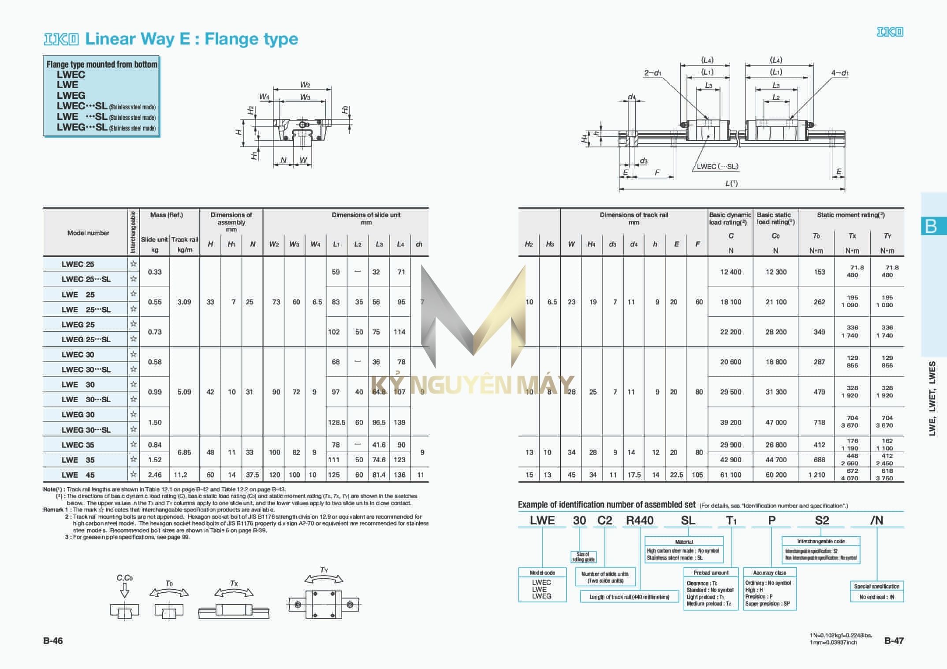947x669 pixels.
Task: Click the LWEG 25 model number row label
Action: tap(78, 325)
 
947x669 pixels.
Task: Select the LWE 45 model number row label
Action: tap(78, 475)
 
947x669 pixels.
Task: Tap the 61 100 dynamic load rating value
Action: tap(731, 475)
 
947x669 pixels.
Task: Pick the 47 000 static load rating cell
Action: tap(776, 422)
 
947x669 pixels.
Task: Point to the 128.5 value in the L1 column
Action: tap(336, 422)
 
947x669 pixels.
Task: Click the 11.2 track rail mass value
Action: tap(180, 475)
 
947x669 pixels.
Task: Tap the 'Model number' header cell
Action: tap(88, 233)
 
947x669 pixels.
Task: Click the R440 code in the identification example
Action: tap(640, 520)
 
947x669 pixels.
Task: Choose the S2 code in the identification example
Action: tap(822, 520)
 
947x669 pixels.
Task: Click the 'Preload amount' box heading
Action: tap(711, 572)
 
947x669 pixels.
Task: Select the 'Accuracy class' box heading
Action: tap(769, 572)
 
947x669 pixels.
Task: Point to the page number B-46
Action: tap(53, 641)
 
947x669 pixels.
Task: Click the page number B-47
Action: tap(894, 641)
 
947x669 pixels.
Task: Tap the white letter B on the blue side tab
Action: tap(931, 226)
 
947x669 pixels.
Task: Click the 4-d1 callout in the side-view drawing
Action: tap(839, 73)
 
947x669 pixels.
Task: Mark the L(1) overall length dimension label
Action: tap(731, 183)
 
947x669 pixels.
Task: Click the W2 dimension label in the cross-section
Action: tap(305, 85)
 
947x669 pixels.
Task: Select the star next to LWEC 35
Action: tap(134, 445)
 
